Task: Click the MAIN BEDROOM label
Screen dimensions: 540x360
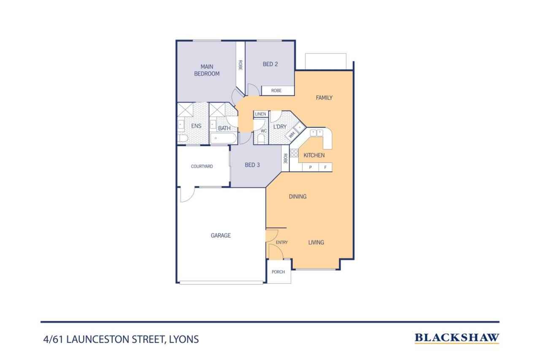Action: coord(207,70)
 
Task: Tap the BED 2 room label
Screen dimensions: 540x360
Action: coord(270,64)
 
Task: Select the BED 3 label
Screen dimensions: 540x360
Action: coord(252,165)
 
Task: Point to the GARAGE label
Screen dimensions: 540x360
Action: coord(221,235)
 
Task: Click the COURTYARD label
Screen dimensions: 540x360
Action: coord(202,166)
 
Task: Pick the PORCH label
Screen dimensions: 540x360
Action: coord(278,272)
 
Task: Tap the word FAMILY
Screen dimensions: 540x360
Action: coord(324,97)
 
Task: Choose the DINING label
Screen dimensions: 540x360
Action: coord(298,197)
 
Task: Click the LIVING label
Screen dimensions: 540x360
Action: coord(316,242)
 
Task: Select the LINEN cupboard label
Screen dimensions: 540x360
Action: coord(261,114)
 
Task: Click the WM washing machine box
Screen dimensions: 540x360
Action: coord(292,134)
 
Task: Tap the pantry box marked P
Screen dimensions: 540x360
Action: coord(310,167)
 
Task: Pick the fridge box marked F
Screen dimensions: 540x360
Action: coord(325,167)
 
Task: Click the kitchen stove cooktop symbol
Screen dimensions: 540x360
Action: coord(294,153)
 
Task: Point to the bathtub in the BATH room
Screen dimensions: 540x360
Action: coord(224,138)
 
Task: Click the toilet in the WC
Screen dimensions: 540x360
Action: coord(261,139)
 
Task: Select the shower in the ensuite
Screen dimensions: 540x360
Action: coord(185,110)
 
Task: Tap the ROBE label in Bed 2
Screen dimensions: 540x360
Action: coord(276,91)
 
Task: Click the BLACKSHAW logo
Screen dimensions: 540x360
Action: coord(457,338)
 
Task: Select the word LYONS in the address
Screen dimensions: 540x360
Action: coord(184,339)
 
